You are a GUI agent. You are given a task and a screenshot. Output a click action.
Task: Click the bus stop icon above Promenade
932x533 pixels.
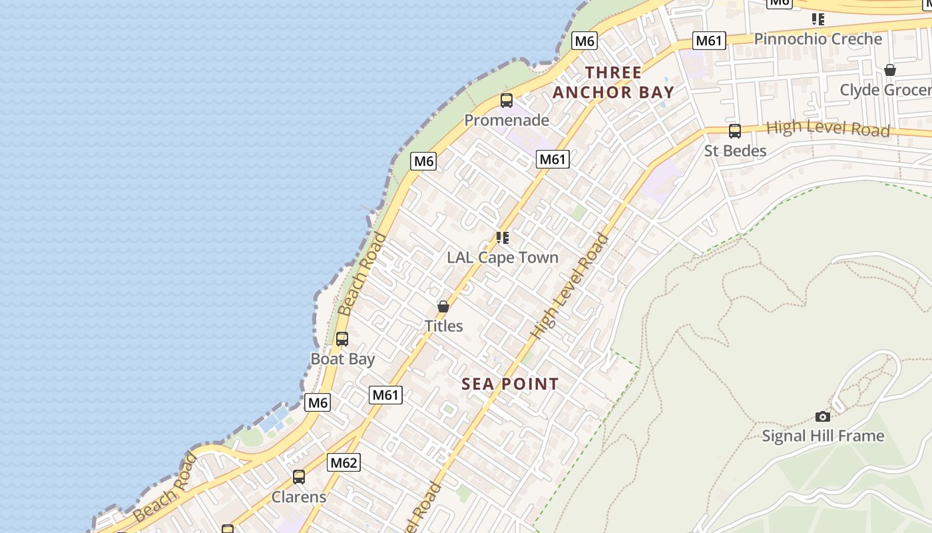pyautogui.click(x=506, y=101)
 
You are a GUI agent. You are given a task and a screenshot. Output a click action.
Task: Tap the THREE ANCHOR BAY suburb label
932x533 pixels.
pyautogui.click(x=613, y=83)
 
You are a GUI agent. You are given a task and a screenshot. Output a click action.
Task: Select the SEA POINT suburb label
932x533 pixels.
pyautogui.click(x=510, y=384)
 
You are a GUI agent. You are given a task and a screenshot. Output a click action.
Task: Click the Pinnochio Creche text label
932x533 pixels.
pyautogui.click(x=817, y=39)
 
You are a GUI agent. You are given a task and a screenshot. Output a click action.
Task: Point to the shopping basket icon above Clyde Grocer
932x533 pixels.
pyautogui.click(x=889, y=70)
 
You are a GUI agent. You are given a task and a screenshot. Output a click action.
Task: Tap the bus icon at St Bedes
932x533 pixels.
pyautogui.click(x=734, y=131)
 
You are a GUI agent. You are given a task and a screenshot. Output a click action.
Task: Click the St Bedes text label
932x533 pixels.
pyautogui.click(x=735, y=151)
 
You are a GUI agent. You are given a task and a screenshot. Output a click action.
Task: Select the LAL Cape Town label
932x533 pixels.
pyautogui.click(x=502, y=258)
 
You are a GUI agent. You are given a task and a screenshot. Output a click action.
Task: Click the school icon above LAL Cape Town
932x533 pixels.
pyautogui.click(x=503, y=237)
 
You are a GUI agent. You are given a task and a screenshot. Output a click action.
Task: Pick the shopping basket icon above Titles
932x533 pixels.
pyautogui.click(x=443, y=306)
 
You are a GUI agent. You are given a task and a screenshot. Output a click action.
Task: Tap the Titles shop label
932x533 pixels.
pyautogui.click(x=443, y=326)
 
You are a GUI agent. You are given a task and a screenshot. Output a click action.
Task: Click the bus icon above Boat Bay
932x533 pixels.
pyautogui.click(x=342, y=339)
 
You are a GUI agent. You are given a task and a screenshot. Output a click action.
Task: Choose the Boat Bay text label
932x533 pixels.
pyautogui.click(x=343, y=359)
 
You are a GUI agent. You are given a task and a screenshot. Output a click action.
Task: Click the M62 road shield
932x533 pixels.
pyautogui.click(x=344, y=462)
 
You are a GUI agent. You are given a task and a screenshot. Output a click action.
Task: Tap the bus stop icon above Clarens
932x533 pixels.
pyautogui.click(x=299, y=477)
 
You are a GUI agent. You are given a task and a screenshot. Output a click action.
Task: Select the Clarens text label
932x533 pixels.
pyautogui.click(x=299, y=497)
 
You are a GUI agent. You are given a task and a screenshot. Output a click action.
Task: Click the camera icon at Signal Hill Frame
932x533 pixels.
pyautogui.click(x=823, y=416)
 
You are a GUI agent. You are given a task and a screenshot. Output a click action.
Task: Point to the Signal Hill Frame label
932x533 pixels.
pyautogui.click(x=823, y=436)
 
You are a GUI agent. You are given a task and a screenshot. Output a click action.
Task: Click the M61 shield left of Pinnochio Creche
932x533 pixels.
pyautogui.click(x=708, y=41)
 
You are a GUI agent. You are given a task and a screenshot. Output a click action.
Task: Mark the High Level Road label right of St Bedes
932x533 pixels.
pyautogui.click(x=827, y=129)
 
